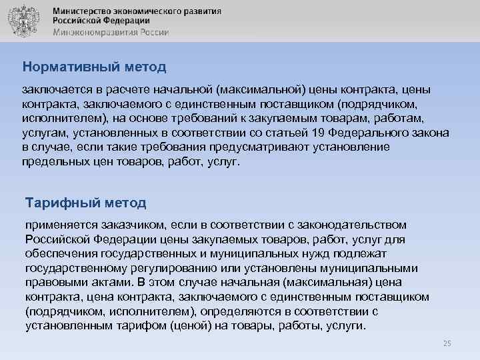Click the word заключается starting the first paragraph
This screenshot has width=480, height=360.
54,89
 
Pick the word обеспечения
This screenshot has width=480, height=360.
62,254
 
